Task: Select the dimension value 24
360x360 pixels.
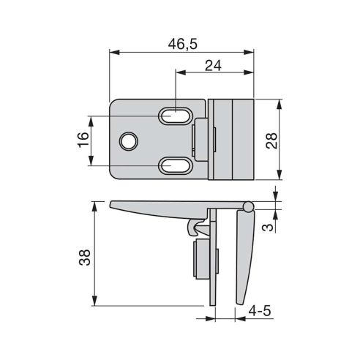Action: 213,67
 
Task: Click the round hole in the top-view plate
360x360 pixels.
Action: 130,140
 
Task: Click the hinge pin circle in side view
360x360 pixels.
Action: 249,208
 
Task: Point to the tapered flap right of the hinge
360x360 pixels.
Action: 244,256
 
